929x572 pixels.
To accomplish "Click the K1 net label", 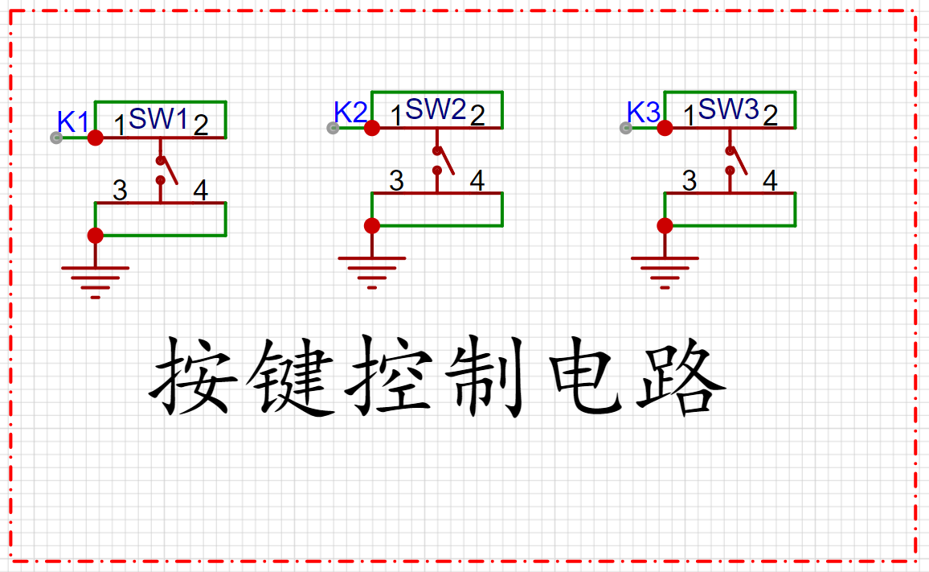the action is [73, 121].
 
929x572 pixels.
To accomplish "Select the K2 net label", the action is [350, 112].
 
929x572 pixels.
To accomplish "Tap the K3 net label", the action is [643, 112].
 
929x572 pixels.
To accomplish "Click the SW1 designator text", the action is [158, 119].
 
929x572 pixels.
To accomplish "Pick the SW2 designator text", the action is [436, 109].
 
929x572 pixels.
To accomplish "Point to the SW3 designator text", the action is [728, 109].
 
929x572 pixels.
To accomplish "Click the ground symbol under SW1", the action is [96, 282].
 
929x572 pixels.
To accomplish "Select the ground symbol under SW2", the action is [372, 273].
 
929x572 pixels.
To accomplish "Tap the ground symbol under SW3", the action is [665, 273].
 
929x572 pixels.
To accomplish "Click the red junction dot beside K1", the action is [96, 138].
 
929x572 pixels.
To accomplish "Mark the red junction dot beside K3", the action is [665, 128].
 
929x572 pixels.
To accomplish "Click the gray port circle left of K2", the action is [333, 128].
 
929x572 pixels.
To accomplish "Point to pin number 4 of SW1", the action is [201, 191].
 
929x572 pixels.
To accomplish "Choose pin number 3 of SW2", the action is [396, 181].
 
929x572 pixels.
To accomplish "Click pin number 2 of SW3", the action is [770, 116].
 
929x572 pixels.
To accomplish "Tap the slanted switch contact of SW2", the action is [445, 161].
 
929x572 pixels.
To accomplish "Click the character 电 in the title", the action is [585, 375].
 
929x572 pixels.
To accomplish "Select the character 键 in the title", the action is [290, 375].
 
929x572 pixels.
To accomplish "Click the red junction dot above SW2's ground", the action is [372, 225].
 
